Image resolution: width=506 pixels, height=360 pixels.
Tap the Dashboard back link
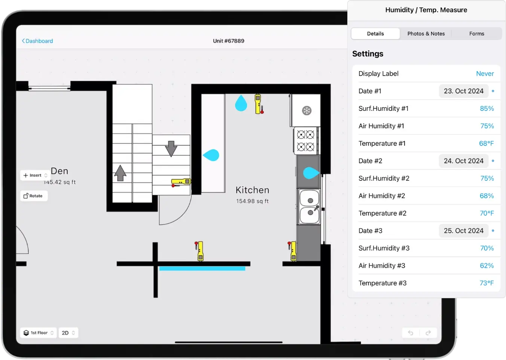37,41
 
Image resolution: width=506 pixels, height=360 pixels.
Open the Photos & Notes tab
426,34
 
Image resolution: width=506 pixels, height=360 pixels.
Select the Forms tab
476,34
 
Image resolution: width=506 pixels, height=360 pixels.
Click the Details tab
375,34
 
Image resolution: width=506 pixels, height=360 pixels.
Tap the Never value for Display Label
485,74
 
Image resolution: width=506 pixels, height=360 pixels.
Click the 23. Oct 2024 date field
463,91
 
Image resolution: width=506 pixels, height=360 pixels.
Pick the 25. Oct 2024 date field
463,231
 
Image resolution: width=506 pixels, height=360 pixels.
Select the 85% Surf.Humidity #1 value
487,109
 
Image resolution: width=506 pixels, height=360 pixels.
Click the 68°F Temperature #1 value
486,143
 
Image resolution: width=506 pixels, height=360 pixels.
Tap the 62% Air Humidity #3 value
487,266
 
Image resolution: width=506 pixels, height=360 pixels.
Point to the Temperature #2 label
382,213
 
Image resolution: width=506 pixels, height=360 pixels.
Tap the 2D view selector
68,333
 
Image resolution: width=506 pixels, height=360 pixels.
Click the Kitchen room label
252,190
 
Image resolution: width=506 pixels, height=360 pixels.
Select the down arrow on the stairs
171,148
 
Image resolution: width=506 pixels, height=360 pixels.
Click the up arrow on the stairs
120,173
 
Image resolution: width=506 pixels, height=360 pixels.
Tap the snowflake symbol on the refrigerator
307,111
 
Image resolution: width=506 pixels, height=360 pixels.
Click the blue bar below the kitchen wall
202,268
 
